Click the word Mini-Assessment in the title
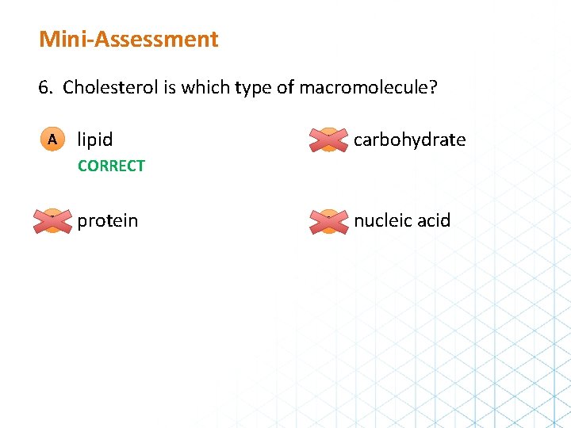point(128,39)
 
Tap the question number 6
point(44,87)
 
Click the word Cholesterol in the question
point(111,87)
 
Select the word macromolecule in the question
point(364,87)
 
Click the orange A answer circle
point(52,139)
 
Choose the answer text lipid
point(95,140)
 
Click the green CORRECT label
point(111,166)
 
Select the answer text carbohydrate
point(409,140)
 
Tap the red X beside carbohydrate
point(329,139)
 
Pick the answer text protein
point(107,220)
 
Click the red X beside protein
point(52,220)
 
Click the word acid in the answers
point(434,220)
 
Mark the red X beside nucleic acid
point(329,220)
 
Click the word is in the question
point(170,87)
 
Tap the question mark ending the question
point(432,87)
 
